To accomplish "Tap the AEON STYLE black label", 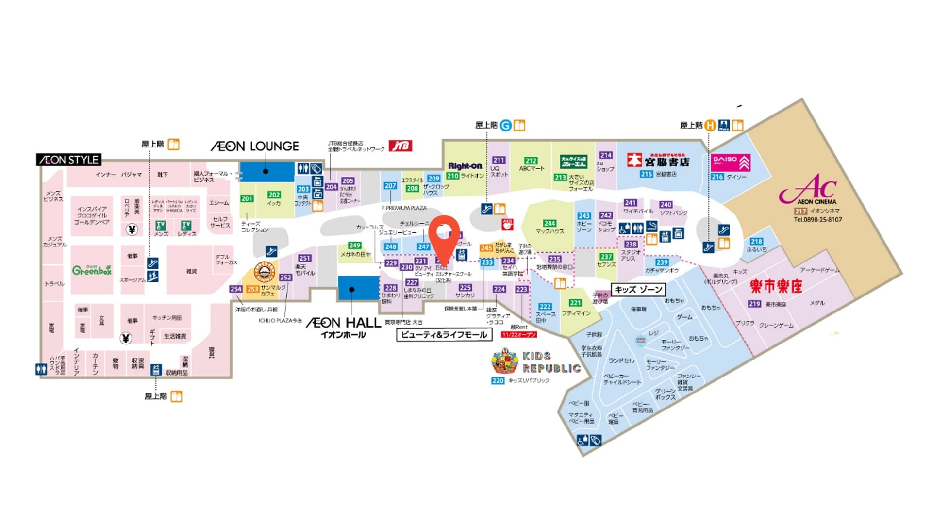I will (x=68, y=160).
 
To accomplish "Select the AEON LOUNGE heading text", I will (x=254, y=146).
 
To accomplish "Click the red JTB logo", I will (x=400, y=146).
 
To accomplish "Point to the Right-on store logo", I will (x=465, y=166).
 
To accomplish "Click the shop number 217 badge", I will (x=800, y=211).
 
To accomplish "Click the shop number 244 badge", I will (x=549, y=223).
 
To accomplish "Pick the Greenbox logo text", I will (x=92, y=270).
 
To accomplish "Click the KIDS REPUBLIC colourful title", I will (x=551, y=362).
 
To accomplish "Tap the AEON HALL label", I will (x=343, y=324).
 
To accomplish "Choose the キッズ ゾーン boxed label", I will (x=638, y=290).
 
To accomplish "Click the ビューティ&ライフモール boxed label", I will (x=444, y=335).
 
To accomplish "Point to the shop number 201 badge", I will (x=247, y=198).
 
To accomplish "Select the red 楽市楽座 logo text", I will (x=776, y=286).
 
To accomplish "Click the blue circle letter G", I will (x=506, y=126).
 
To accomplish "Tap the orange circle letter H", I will (x=710, y=126).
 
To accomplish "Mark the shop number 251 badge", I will (x=304, y=258).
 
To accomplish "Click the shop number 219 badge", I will (x=754, y=304).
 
